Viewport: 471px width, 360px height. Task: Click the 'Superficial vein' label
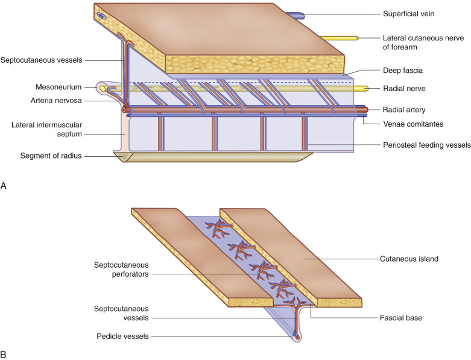click(x=409, y=13)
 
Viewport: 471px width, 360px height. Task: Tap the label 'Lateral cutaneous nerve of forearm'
click(x=416, y=43)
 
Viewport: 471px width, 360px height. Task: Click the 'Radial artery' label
click(x=404, y=110)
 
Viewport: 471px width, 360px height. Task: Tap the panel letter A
click(x=5, y=186)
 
